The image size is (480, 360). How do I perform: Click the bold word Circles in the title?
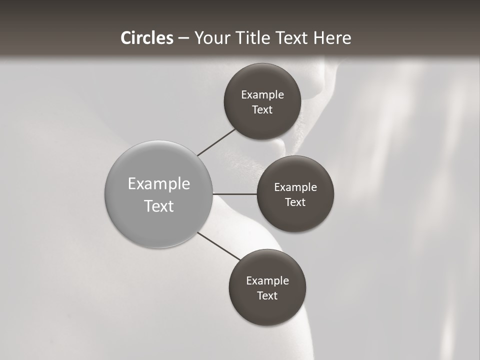pos(146,38)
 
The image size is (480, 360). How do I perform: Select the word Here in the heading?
pos(332,38)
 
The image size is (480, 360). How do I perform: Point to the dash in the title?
pos(183,38)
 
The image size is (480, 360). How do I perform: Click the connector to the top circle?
pos(216,142)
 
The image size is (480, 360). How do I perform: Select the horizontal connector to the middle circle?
pos(234,193)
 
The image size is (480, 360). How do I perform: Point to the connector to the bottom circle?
pos(218,245)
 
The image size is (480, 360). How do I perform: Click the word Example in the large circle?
pos(159,184)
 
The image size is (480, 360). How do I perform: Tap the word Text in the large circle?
pos(159,206)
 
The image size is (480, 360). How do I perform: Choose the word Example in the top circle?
pos(262,95)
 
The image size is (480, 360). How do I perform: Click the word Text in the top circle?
pos(262,110)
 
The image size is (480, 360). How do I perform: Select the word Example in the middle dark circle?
pos(295,187)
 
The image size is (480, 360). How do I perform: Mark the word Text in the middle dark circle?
pos(295,202)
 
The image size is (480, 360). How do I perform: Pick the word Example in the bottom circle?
pos(267,281)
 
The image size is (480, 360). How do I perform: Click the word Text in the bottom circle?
pos(267,296)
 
